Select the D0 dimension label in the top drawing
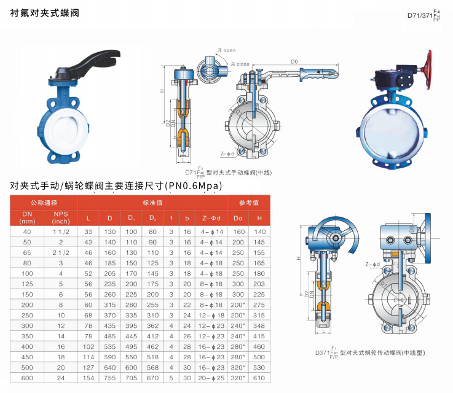294,61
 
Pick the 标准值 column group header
152,203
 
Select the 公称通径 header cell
44,203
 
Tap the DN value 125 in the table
27,284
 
